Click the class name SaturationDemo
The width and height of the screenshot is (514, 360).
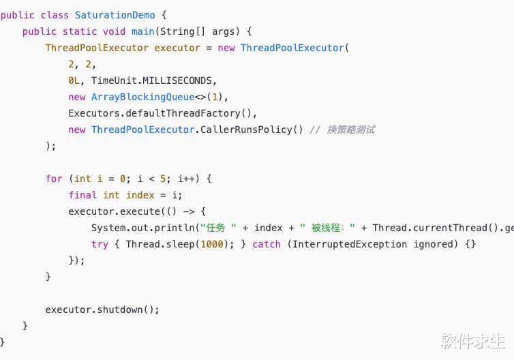[115, 15]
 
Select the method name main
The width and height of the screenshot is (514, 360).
[143, 31]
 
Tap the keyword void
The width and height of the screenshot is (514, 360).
[114, 31]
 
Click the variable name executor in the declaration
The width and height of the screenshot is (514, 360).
[177, 48]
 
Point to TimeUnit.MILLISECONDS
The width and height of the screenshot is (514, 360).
[152, 80]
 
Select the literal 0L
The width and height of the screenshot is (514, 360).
[74, 80]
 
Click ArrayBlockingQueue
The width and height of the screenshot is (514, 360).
[143, 97]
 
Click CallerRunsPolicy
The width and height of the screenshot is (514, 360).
[246, 130]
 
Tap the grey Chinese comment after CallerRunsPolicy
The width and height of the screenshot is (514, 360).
[351, 130]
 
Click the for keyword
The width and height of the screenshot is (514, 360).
[54, 179]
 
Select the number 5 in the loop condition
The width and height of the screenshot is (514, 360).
[163, 179]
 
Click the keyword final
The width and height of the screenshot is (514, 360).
[82, 195]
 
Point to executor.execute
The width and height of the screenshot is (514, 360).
[114, 211]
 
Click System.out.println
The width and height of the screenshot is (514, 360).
[143, 228]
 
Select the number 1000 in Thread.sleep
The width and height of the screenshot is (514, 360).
[212, 244]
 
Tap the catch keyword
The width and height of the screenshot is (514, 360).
[266, 244]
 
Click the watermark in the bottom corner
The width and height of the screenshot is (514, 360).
[472, 342]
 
